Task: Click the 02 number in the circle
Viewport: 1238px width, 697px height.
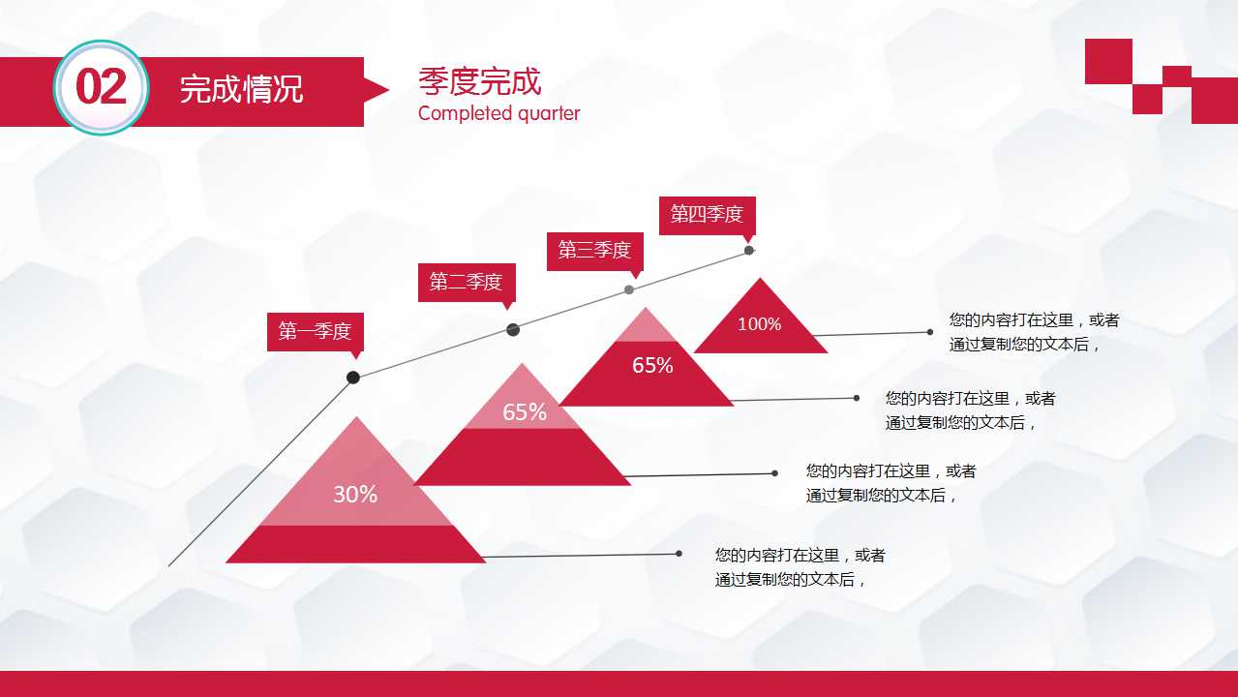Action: [101, 88]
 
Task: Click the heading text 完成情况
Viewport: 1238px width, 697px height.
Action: [241, 90]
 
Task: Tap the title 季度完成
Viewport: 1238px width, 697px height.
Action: [479, 82]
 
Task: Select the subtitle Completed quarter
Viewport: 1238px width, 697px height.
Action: [498, 113]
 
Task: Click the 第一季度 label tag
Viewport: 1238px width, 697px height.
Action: [315, 332]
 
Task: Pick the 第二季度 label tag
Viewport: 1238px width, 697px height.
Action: [466, 282]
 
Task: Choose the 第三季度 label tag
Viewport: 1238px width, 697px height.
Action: [594, 251]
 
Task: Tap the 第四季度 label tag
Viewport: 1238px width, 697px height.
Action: [707, 215]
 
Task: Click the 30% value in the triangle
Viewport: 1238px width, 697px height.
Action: [355, 495]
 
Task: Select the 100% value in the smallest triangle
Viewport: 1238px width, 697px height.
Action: [759, 324]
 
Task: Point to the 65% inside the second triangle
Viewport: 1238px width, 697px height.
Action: [525, 412]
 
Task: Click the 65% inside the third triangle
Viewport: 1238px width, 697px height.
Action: [652, 366]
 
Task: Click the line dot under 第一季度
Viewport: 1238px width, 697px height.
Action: [353, 378]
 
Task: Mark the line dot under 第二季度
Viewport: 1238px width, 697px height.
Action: [513, 330]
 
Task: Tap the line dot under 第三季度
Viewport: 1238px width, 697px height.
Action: [629, 289]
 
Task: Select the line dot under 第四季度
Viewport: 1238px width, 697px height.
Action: [748, 250]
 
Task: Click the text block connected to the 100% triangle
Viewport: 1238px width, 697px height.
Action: [1033, 332]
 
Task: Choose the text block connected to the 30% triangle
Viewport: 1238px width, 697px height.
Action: [800, 567]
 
